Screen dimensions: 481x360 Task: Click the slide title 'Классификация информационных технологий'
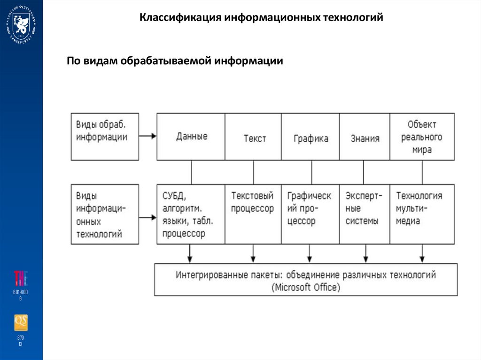point(262,18)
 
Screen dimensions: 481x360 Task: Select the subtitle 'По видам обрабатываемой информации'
point(175,61)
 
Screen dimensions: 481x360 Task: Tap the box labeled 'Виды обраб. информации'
point(105,136)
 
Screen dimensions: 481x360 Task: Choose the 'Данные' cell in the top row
point(191,137)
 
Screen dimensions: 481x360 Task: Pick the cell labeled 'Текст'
point(254,138)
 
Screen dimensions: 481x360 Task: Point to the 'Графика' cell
point(310,138)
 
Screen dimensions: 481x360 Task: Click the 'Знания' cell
point(365,138)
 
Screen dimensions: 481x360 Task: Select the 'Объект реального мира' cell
point(422,137)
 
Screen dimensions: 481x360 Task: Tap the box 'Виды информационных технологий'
point(105,214)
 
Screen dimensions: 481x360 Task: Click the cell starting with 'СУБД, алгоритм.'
point(191,214)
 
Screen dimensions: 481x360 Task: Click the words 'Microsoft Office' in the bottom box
point(306,287)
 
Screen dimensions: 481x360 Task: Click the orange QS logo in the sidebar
point(21,322)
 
